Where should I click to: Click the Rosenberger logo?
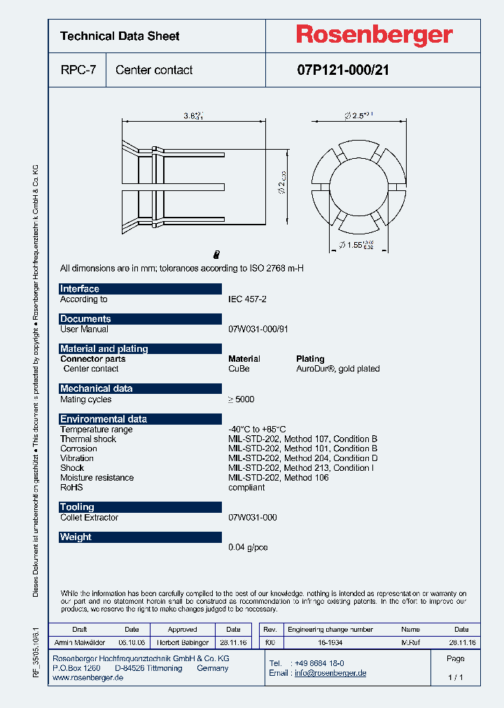(374, 35)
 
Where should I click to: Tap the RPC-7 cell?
(78, 70)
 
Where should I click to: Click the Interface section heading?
(80, 289)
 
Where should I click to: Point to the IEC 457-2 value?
(247, 299)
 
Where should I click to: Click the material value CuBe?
(239, 369)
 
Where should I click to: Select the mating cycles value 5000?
(241, 399)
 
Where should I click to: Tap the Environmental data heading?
(104, 419)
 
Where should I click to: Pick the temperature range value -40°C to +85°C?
(257, 430)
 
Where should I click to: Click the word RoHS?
(71, 488)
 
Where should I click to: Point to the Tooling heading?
(77, 507)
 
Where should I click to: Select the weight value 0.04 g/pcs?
(248, 547)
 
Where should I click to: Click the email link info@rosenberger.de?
(330, 673)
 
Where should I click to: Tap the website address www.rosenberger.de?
(87, 679)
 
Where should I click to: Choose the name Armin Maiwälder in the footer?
(79, 642)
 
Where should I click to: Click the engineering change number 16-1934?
(330, 642)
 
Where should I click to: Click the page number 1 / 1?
(455, 678)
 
